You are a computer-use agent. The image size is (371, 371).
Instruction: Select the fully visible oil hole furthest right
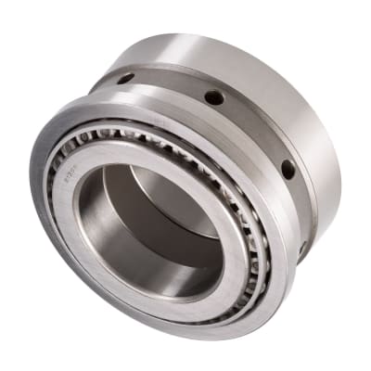288,169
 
